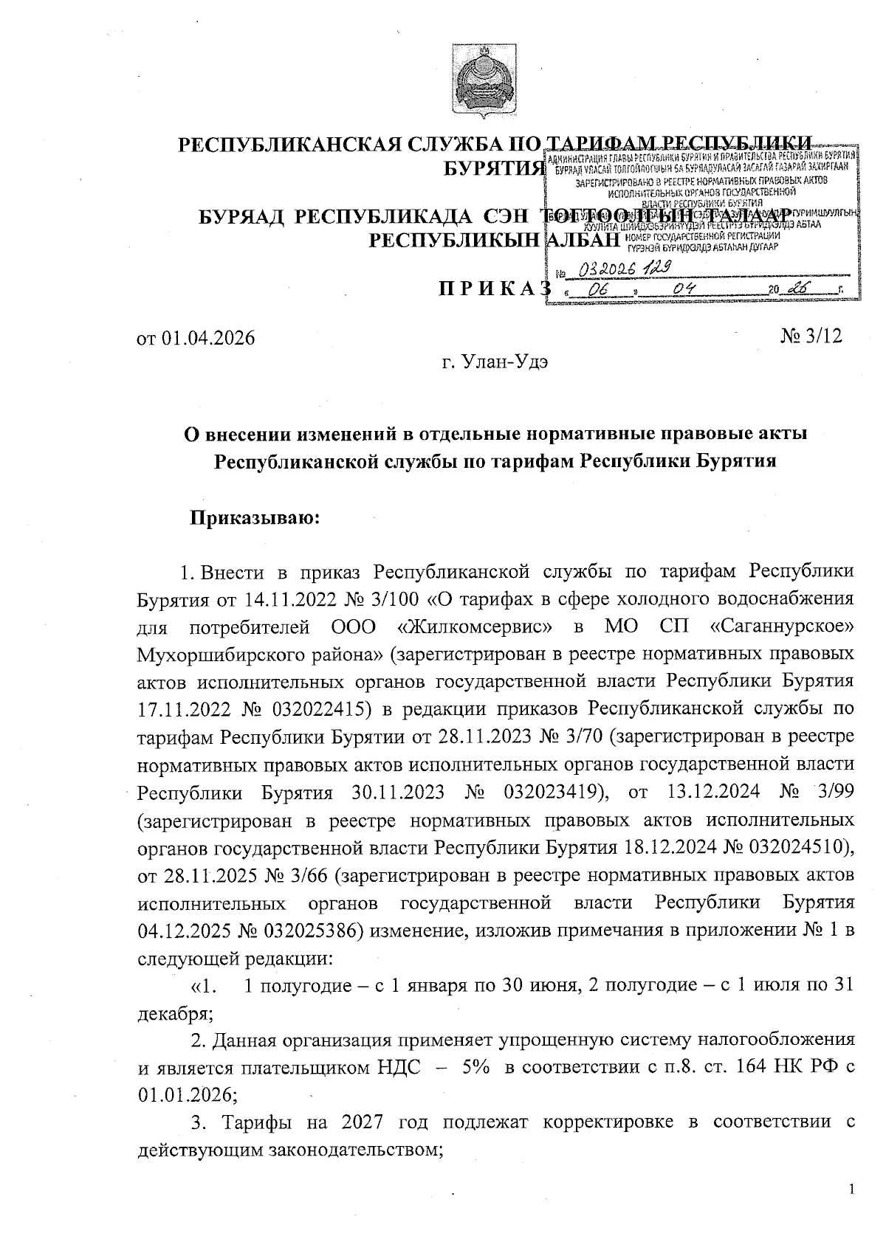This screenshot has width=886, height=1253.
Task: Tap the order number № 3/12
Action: point(811,336)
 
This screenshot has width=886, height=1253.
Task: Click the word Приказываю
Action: point(255,518)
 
